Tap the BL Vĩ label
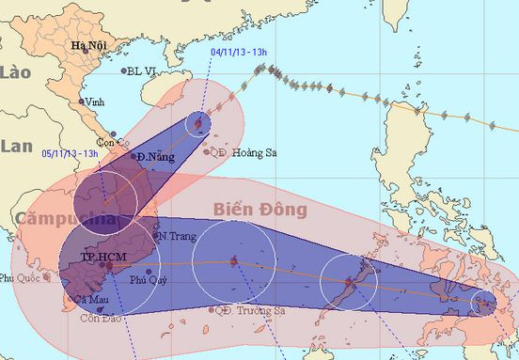(141, 70)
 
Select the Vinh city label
(94, 102)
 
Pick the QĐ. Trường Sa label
(249, 310)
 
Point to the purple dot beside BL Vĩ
(123, 70)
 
